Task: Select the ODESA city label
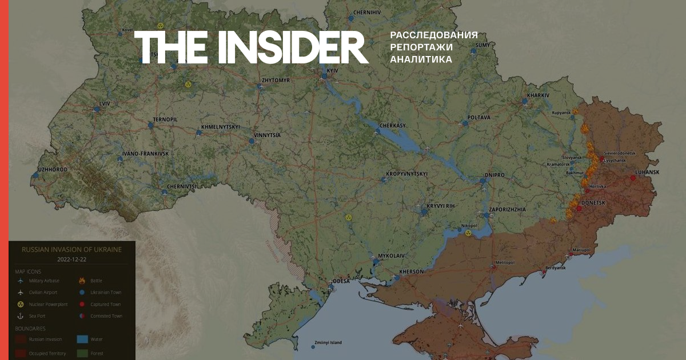tap(342, 281)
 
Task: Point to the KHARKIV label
tap(538, 95)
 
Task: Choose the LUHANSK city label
tap(647, 172)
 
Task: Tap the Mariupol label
tap(582, 250)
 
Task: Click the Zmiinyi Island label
tap(327, 342)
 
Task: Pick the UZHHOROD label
tap(52, 170)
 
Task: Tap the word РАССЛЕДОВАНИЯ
tap(433, 35)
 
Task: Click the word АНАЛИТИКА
tap(421, 59)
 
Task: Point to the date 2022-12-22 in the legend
tap(72, 259)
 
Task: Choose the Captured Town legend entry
tap(106, 304)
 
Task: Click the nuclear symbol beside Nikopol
tap(468, 233)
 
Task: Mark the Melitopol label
tap(505, 262)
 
